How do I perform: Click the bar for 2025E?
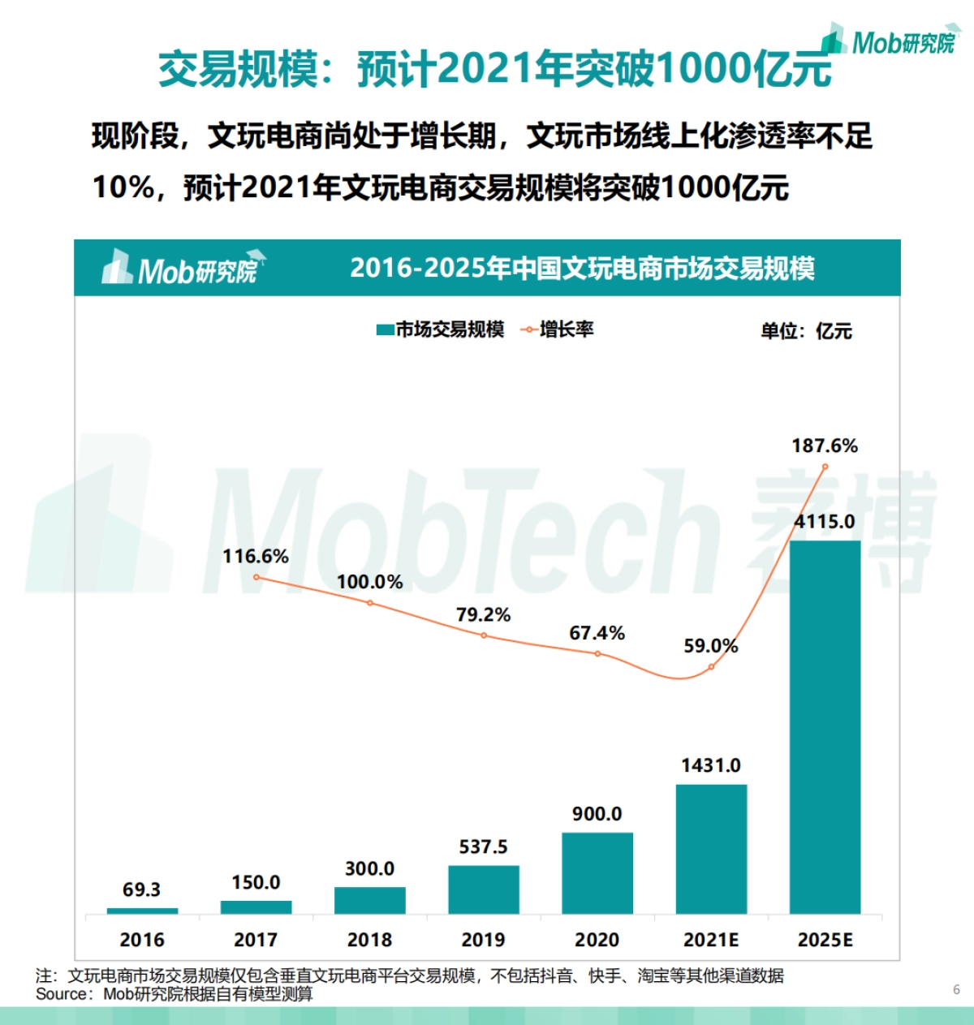(825, 726)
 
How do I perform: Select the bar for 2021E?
(711, 849)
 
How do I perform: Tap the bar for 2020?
(597, 873)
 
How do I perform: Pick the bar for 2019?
(484, 889)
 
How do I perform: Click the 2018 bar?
(370, 900)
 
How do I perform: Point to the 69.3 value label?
(142, 889)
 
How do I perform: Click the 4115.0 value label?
(825, 521)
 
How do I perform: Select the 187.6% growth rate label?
(825, 446)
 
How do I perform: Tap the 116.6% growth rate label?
(256, 556)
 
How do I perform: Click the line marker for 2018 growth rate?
(370, 603)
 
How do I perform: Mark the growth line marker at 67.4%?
(597, 653)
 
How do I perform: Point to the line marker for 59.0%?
(711, 667)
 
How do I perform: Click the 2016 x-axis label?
(142, 940)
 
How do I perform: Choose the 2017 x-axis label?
(256, 940)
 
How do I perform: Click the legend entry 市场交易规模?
(441, 329)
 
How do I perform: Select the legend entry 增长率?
(558, 329)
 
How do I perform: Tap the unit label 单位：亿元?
(805, 331)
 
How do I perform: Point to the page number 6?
(956, 989)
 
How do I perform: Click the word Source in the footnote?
(62, 994)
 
